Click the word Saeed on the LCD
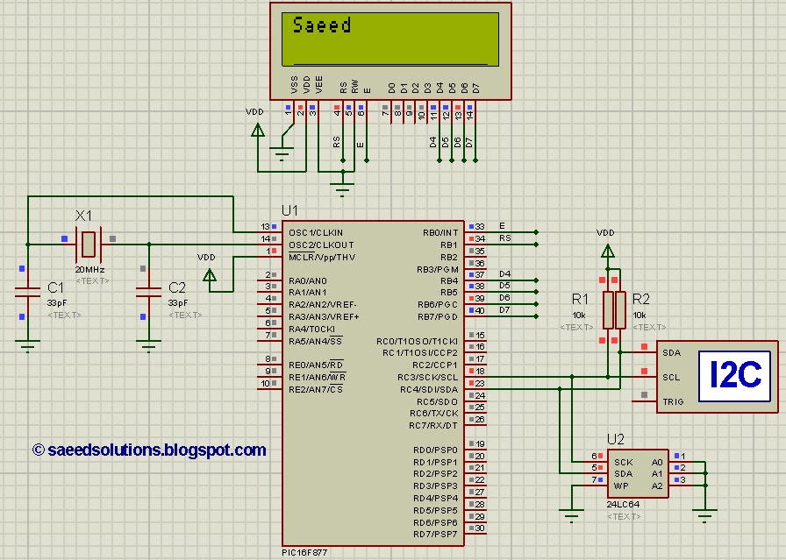click(x=322, y=25)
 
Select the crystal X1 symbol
click(x=89, y=238)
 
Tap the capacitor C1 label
click(x=55, y=287)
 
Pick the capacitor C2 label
click(x=176, y=287)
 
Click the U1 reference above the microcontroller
click(x=289, y=210)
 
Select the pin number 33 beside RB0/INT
click(x=480, y=227)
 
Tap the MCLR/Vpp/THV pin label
click(x=321, y=257)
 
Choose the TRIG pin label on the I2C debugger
click(x=672, y=402)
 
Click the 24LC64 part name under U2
click(x=622, y=505)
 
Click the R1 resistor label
click(x=581, y=300)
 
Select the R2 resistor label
click(x=641, y=300)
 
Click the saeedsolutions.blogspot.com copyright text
click(x=149, y=450)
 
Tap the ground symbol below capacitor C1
click(x=28, y=346)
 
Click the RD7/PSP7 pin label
click(x=435, y=534)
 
